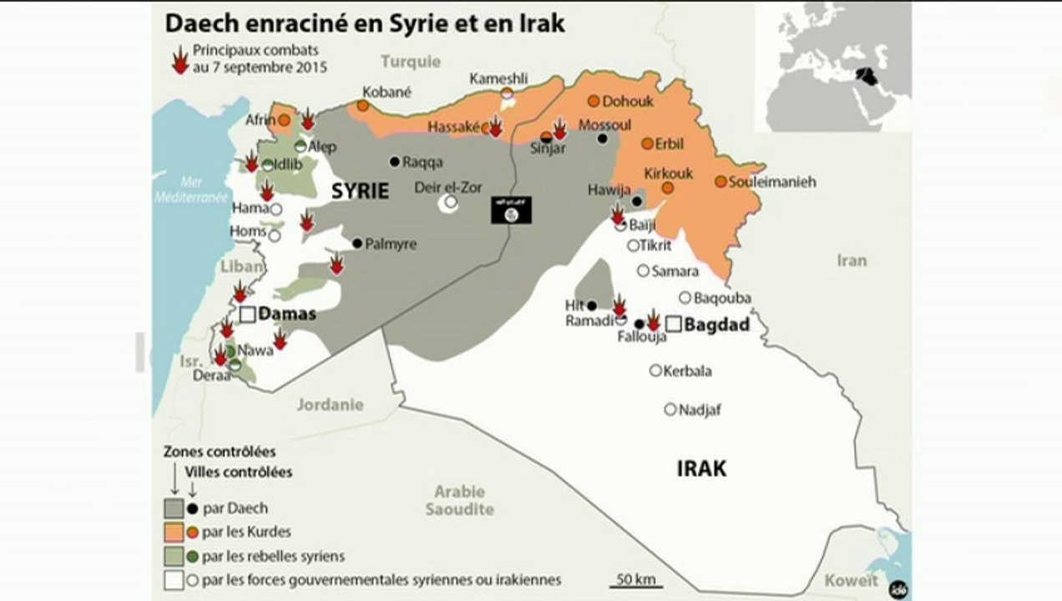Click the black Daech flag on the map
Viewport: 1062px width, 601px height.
point(510,210)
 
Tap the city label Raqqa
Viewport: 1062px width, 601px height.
point(422,162)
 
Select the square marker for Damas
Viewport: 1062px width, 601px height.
point(247,315)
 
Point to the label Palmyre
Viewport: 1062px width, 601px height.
point(391,245)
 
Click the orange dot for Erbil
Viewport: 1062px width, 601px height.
point(647,144)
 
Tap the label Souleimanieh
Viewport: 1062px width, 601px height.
point(772,182)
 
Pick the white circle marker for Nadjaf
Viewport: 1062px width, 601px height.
point(670,409)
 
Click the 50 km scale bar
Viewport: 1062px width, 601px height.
point(635,586)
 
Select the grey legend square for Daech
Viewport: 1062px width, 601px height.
point(173,508)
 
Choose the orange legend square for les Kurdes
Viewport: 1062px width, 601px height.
point(173,531)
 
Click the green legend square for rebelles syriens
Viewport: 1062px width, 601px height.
point(173,555)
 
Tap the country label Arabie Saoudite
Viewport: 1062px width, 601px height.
point(459,500)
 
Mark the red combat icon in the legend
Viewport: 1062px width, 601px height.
point(179,60)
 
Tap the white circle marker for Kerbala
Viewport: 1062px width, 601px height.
point(656,371)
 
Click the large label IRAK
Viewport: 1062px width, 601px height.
point(701,468)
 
